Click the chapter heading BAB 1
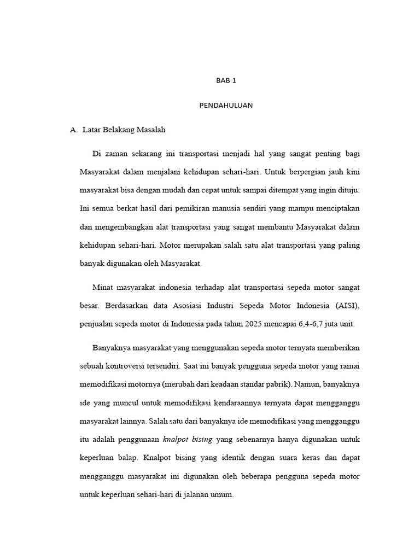click(225, 80)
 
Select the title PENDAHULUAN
click(225, 106)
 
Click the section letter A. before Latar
click(74, 130)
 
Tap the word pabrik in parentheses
click(279, 384)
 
